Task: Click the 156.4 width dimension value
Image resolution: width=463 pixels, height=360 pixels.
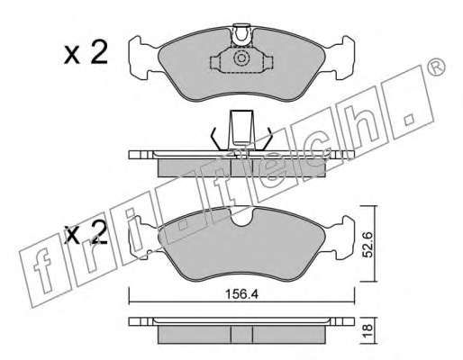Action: tap(241, 294)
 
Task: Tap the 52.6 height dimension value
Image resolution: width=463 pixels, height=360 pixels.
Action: tap(368, 244)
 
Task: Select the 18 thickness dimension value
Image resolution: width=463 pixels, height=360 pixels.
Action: tap(368, 330)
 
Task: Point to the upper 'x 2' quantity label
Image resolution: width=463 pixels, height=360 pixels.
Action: tap(86, 53)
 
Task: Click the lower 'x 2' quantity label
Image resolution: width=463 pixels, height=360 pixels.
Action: tap(86, 232)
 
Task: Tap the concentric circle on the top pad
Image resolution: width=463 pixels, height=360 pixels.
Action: tap(241, 58)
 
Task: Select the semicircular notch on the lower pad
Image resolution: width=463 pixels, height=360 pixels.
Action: tap(242, 218)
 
